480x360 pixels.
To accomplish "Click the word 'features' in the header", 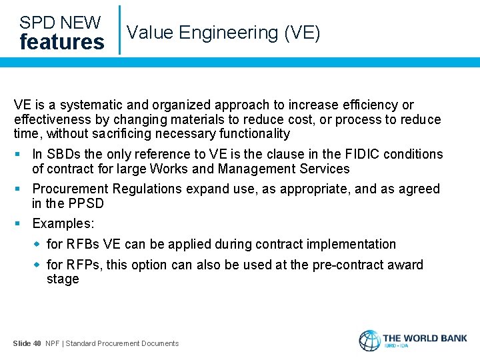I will click(62, 42).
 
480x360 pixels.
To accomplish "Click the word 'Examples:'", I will click(64, 223).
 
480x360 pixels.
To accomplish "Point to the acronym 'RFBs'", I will click(81, 244).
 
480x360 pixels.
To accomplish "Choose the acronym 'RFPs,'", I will click(83, 265).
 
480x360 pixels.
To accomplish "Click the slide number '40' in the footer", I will click(37, 343).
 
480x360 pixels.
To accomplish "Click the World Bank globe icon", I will click(369, 341).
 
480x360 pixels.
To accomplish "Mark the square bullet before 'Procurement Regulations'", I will click(23, 189).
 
